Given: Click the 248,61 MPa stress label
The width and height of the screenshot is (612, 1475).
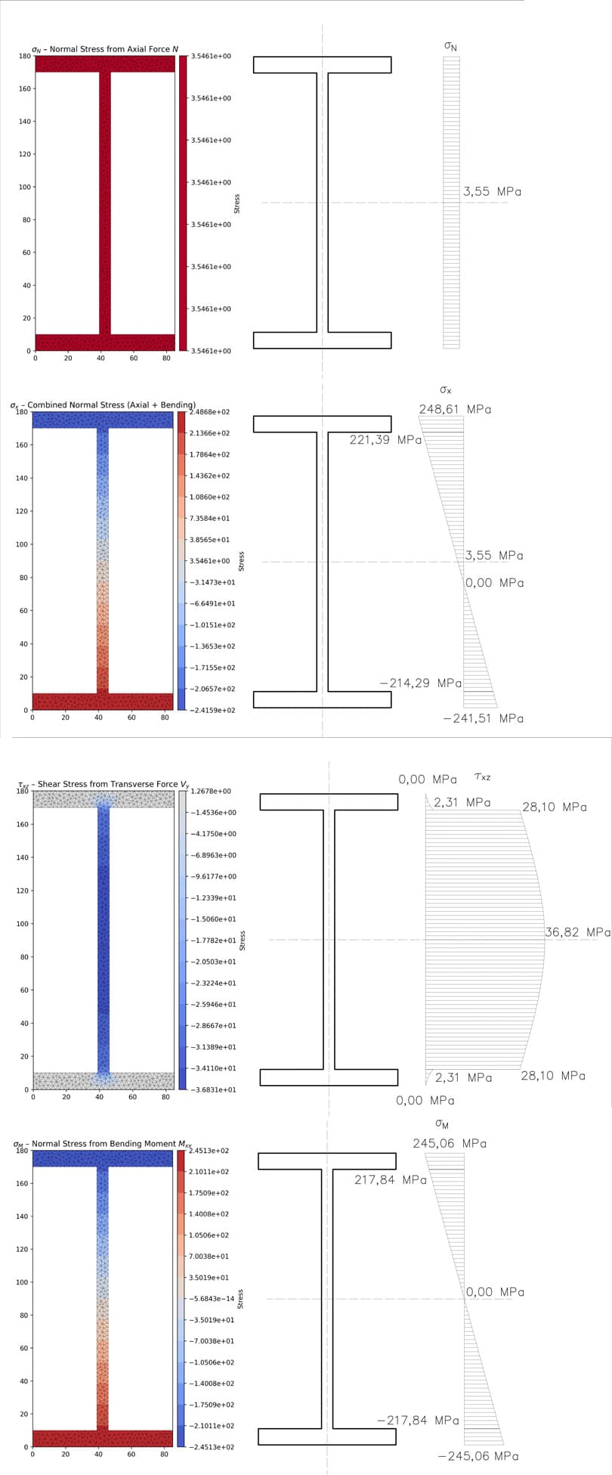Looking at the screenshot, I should (x=455, y=410).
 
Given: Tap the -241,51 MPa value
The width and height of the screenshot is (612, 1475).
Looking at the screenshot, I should (x=483, y=719).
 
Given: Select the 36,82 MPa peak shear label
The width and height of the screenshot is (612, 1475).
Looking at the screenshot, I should (x=577, y=933).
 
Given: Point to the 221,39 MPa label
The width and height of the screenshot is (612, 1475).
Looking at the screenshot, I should (x=385, y=440).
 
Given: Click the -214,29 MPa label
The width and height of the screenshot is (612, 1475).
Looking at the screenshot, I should (x=421, y=683).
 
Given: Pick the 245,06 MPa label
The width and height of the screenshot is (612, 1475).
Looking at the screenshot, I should (x=450, y=1144).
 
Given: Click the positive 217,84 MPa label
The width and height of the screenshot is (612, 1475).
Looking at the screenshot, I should (x=391, y=1180).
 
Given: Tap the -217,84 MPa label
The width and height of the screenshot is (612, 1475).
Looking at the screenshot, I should (x=418, y=1421).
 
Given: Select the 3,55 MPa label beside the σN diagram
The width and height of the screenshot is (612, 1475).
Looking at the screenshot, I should (x=492, y=192).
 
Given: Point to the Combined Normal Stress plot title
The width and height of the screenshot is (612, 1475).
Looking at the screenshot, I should (x=103, y=405).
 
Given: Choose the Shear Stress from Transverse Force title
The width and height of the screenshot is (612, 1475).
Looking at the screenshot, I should (x=104, y=785).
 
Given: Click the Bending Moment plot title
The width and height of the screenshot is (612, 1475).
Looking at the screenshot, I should (x=103, y=1144).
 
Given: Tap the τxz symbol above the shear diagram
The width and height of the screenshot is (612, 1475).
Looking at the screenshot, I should (x=482, y=776).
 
